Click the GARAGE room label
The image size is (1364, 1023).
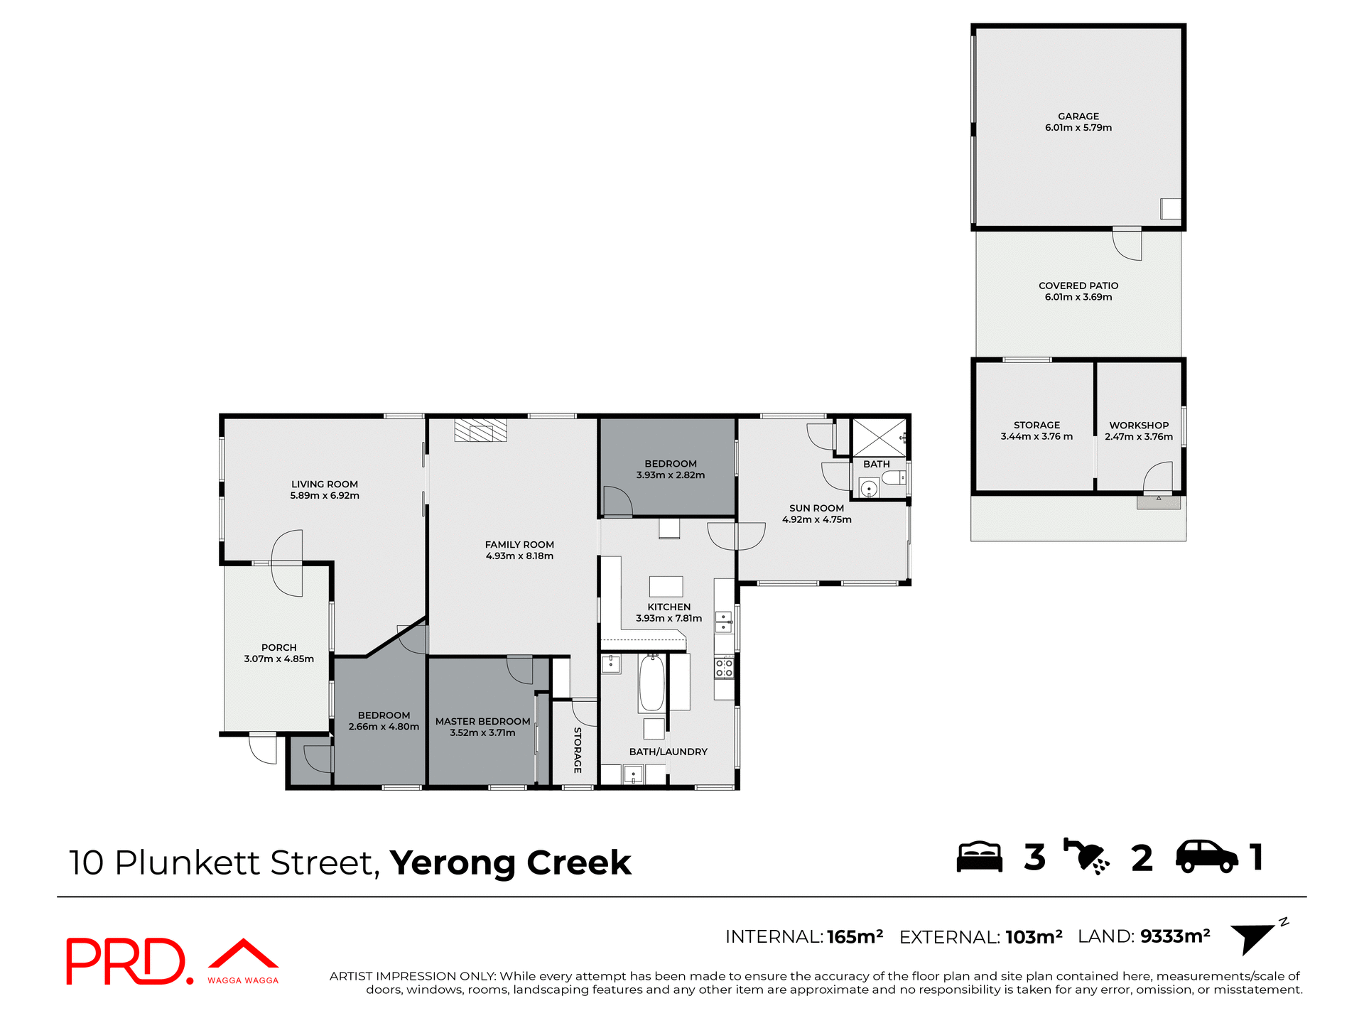click(x=1078, y=116)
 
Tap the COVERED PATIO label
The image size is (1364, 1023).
click(x=1078, y=286)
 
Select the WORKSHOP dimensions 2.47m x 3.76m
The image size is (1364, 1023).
click(x=1138, y=437)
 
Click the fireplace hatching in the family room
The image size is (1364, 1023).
click(x=481, y=431)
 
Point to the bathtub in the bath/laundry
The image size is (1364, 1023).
click(x=651, y=683)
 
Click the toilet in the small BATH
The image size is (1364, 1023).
click(x=894, y=477)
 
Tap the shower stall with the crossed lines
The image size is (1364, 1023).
click(x=879, y=438)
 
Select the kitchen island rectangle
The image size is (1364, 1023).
click(x=666, y=586)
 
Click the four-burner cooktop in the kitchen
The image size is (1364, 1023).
click(x=724, y=668)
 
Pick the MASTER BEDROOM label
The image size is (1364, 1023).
click(x=482, y=721)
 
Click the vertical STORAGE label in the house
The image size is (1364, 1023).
click(x=578, y=749)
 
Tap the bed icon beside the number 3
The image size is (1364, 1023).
click(x=979, y=857)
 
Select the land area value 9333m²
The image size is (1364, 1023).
click(x=1175, y=936)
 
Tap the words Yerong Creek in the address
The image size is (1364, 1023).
click(x=510, y=863)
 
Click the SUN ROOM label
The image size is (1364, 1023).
click(x=816, y=508)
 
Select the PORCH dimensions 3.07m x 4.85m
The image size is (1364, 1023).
click(x=278, y=659)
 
